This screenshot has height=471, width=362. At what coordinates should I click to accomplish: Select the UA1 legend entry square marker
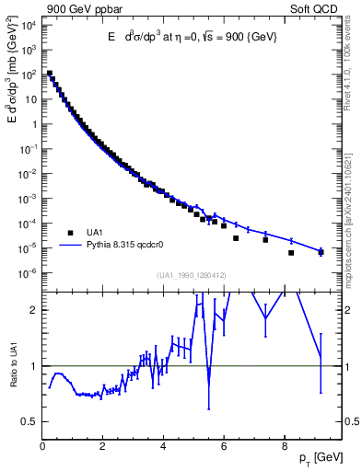coord(69,232)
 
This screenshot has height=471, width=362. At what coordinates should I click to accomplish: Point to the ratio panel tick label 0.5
coord(29,421)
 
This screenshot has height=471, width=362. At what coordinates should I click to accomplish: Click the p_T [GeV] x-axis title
coord(322,457)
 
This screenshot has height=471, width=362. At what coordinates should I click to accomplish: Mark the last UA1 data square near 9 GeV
coord(321,251)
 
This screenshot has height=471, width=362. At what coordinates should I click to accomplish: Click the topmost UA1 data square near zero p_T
coord(49,73)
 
